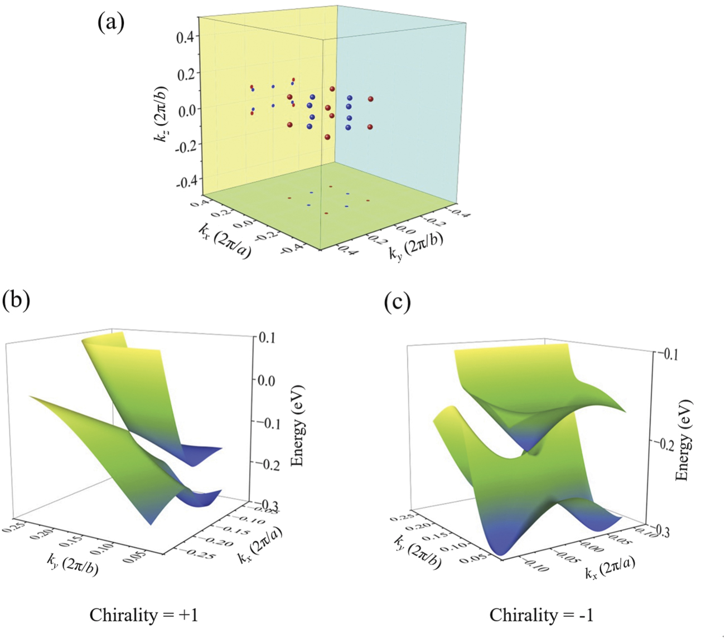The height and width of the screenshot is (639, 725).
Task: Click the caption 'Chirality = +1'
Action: [143, 615]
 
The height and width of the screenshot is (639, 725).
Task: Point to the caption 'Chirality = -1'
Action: [542, 615]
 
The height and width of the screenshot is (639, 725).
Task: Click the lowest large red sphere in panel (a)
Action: [327, 137]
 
